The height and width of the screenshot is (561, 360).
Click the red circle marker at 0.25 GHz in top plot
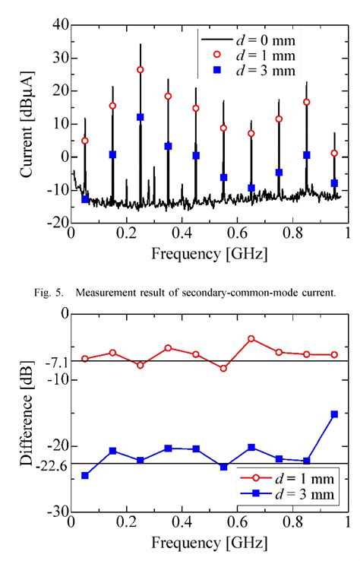coord(141,70)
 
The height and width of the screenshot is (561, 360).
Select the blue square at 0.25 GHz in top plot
coord(141,117)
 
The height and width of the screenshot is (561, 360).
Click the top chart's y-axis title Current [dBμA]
coord(27,124)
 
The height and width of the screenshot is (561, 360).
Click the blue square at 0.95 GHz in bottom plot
coord(334,414)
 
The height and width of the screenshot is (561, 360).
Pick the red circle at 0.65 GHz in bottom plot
coord(251,339)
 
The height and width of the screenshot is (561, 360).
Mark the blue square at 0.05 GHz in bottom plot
coord(85,476)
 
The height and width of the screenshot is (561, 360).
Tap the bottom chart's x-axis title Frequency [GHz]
coord(209,543)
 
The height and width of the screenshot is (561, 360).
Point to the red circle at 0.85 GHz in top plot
coord(307,102)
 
